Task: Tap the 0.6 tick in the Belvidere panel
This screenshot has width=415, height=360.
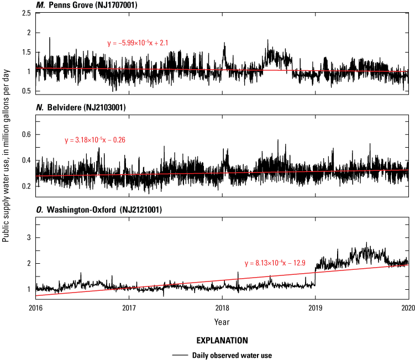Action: point(25,134)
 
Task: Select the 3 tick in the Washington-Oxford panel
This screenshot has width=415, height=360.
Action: point(28,238)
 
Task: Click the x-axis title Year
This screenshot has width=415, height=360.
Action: point(222,321)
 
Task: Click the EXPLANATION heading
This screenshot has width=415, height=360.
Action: point(222,341)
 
